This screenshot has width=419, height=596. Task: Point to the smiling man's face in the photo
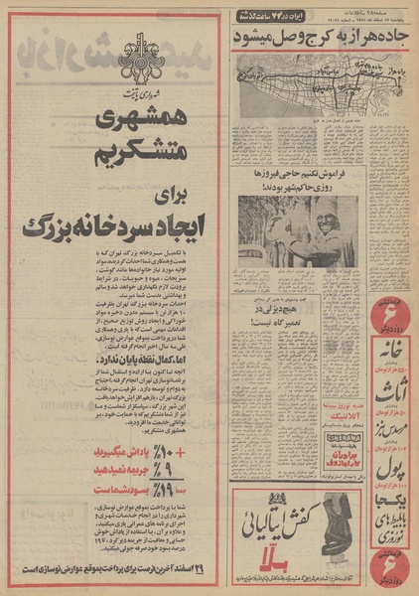[x=324, y=215]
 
